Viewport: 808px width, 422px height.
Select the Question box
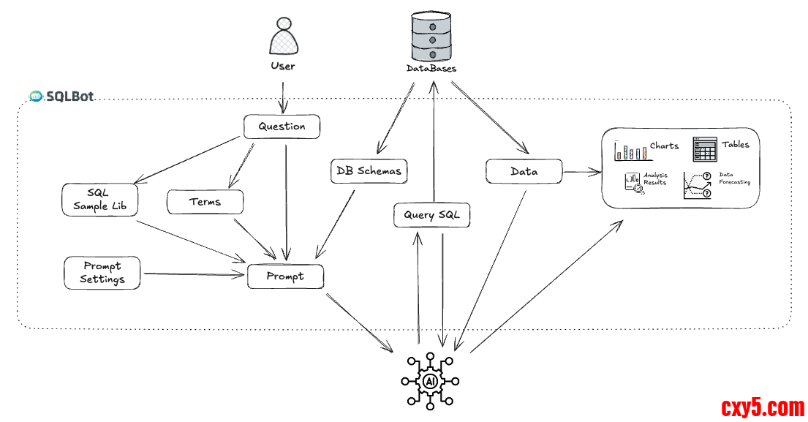click(x=282, y=127)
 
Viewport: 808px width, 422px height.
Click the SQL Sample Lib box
click(x=100, y=199)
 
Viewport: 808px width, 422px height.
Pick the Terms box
click(x=205, y=202)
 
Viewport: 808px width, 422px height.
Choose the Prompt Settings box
click(x=102, y=272)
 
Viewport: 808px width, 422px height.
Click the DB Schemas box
click(x=369, y=171)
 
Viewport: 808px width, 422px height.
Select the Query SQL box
click(x=431, y=215)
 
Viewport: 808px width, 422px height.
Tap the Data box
click(x=524, y=172)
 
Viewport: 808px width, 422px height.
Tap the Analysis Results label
click(x=655, y=179)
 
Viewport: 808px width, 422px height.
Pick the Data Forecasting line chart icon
click(x=698, y=186)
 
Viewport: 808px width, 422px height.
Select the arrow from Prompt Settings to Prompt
click(x=193, y=275)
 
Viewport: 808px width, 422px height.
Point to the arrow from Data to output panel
click(x=582, y=173)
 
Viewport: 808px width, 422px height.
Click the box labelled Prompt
click(x=285, y=276)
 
